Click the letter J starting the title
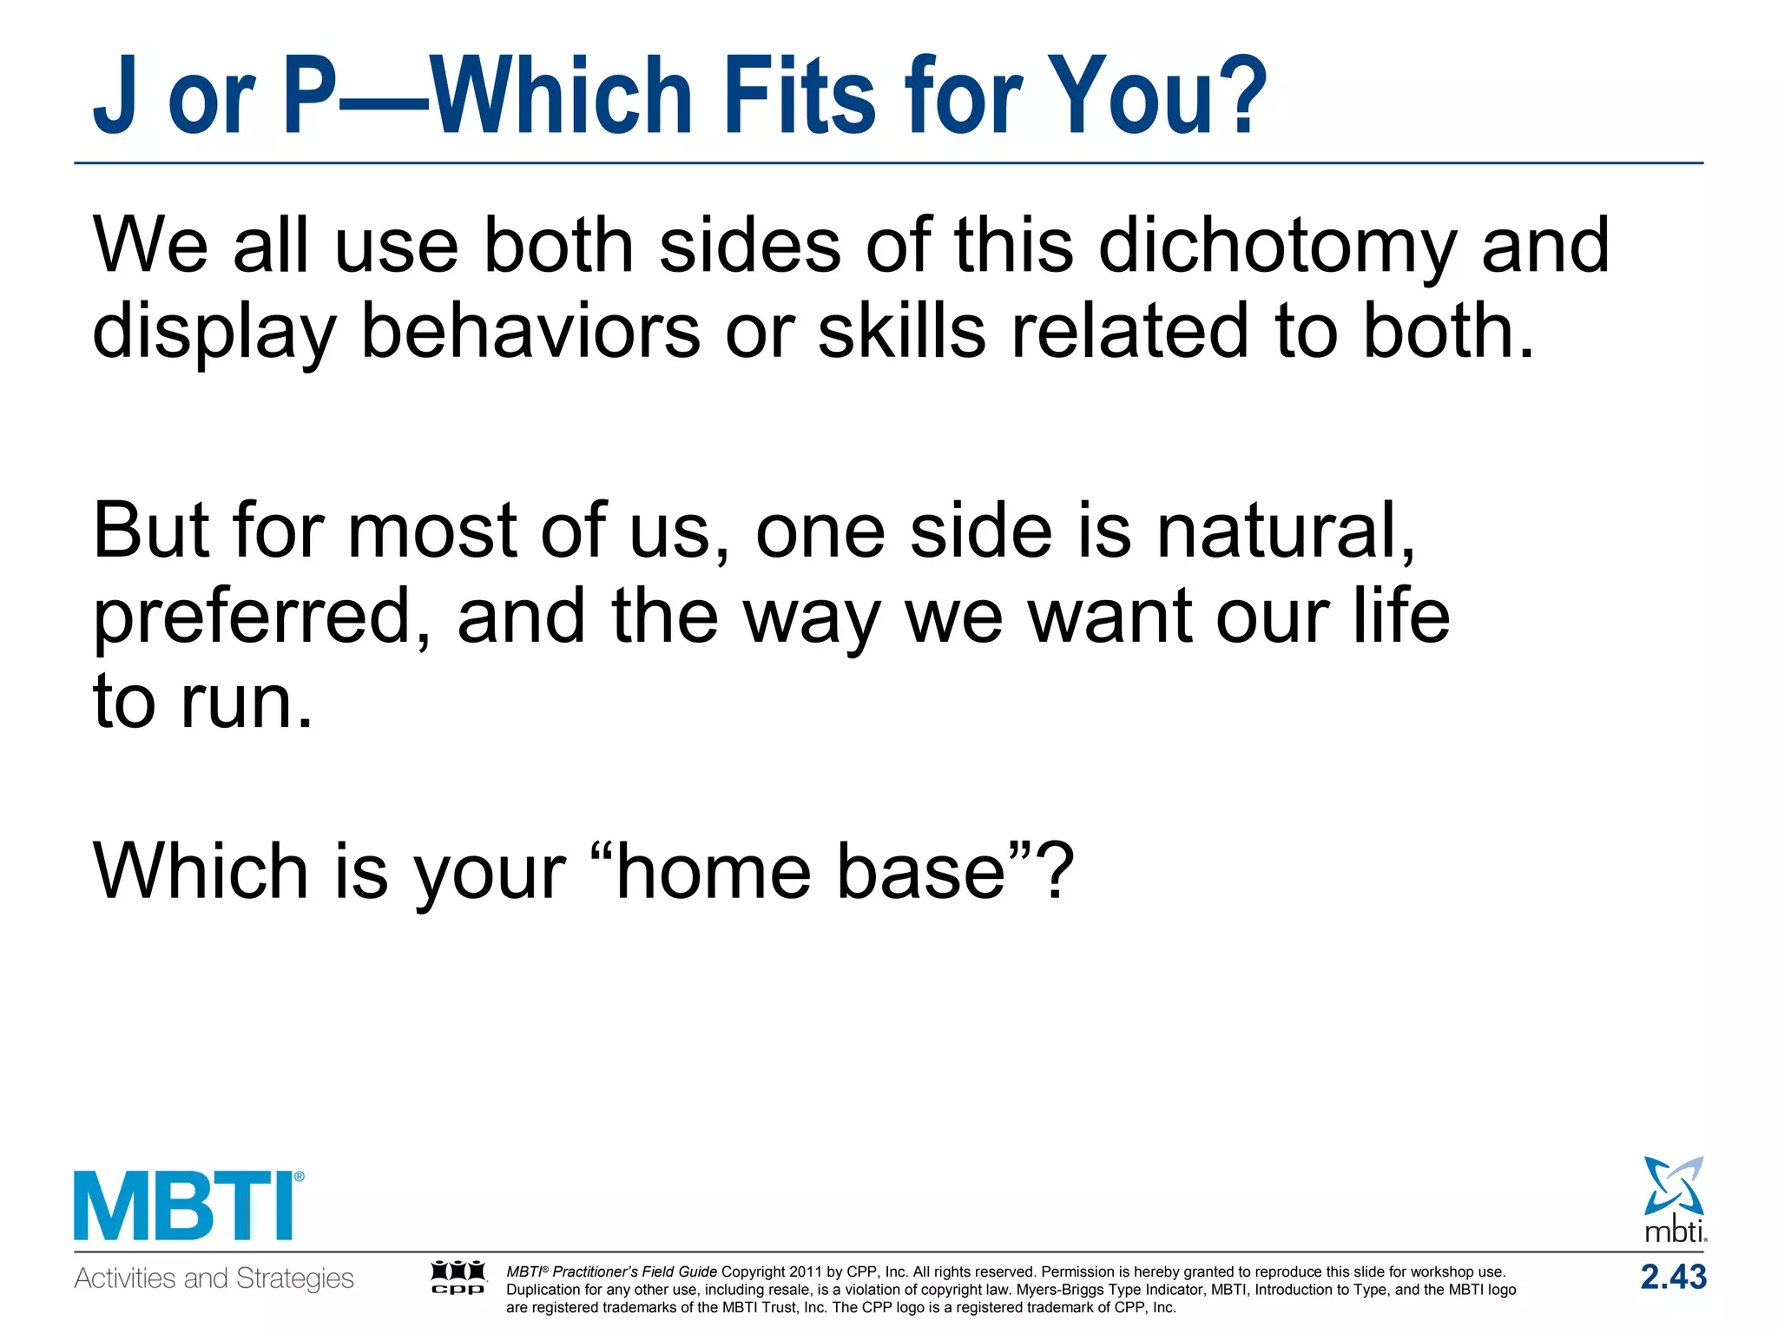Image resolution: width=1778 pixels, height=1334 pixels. (x=115, y=97)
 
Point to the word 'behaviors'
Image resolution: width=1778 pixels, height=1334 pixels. (x=530, y=332)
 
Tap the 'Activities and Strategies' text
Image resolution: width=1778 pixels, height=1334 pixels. (x=214, y=1278)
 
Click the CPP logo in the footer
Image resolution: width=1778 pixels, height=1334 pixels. (x=458, y=1278)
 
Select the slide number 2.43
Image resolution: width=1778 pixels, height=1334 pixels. (x=1673, y=1278)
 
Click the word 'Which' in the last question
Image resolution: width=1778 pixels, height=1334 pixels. (x=200, y=872)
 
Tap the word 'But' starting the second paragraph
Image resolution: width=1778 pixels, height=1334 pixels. (x=150, y=532)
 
